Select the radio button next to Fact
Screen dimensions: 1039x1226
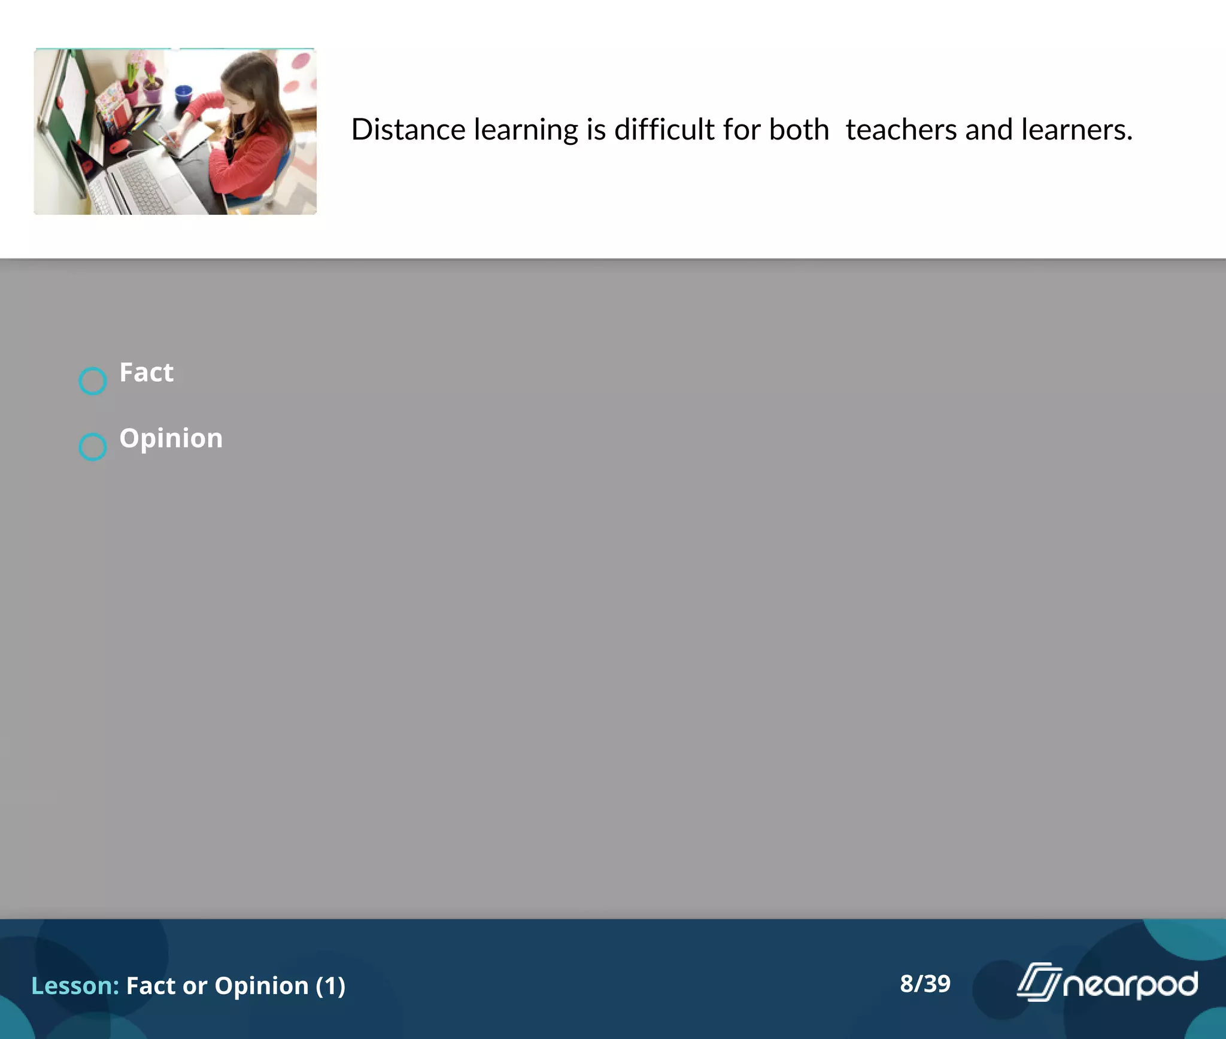click(93, 381)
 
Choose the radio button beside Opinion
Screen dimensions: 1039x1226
click(93, 447)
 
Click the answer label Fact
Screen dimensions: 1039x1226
click(147, 373)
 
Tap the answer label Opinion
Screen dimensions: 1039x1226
click(171, 439)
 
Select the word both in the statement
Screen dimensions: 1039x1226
click(799, 130)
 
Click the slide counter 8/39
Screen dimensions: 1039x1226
click(925, 984)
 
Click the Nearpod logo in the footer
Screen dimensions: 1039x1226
click(1107, 983)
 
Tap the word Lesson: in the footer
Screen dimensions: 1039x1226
click(75, 986)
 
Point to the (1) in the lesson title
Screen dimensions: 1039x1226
click(330, 986)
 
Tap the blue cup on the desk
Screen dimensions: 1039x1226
click(183, 95)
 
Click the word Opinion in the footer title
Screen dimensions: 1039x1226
click(262, 986)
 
